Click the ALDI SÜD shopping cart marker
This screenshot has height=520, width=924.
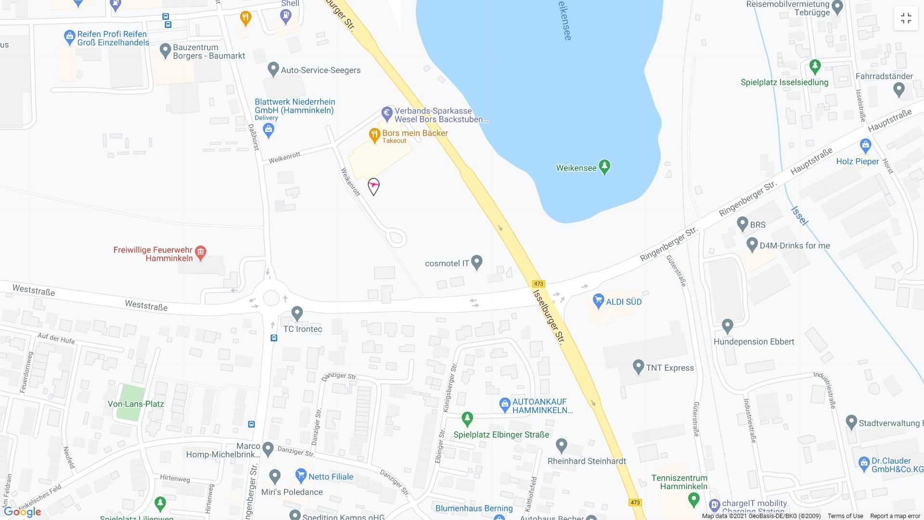pyautogui.click(x=598, y=301)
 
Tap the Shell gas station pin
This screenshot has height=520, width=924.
pyautogui.click(x=285, y=16)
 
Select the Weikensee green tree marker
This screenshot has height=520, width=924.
pyautogui.click(x=604, y=167)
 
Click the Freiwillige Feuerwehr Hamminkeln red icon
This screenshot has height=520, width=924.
pyautogui.click(x=201, y=252)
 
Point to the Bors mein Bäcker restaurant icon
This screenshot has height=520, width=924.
pyautogui.click(x=374, y=135)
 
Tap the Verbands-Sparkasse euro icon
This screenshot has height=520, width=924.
pyautogui.click(x=387, y=114)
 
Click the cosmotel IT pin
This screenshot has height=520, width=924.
pyautogui.click(x=476, y=262)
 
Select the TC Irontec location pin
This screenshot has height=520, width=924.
pyautogui.click(x=297, y=313)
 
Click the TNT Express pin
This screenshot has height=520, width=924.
pyautogui.click(x=638, y=367)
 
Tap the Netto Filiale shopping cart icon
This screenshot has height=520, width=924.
pyautogui.click(x=301, y=476)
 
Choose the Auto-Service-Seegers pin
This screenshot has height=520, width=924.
pyautogui.click(x=273, y=69)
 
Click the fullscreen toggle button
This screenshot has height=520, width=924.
pyautogui.click(x=906, y=19)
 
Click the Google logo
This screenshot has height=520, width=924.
pyautogui.click(x=22, y=512)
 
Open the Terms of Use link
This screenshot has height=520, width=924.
pyautogui.click(x=845, y=516)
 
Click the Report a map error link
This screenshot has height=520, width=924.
pyautogui.click(x=895, y=516)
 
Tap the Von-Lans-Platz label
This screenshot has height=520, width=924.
pyautogui.click(x=136, y=404)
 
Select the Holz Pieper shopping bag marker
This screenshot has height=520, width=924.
pyautogui.click(x=865, y=145)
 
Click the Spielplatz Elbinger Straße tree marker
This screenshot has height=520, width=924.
pyautogui.click(x=467, y=418)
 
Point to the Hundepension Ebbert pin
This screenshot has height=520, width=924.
pyautogui.click(x=727, y=326)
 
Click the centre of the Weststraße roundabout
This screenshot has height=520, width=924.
pyautogui.click(x=271, y=298)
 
